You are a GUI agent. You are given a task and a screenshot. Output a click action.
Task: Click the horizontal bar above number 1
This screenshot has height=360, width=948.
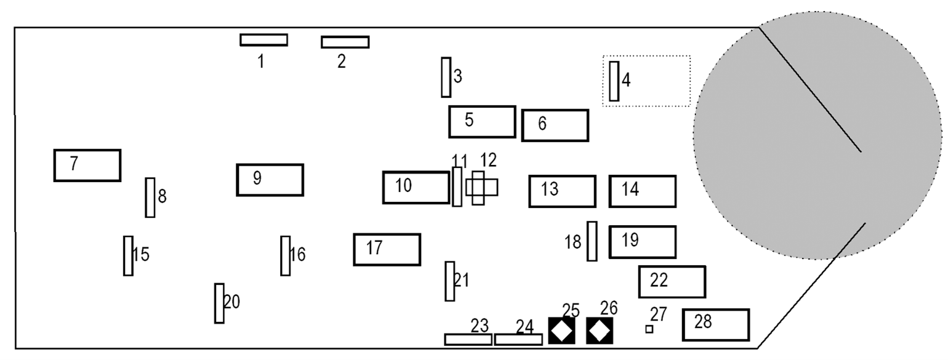(x=263, y=40)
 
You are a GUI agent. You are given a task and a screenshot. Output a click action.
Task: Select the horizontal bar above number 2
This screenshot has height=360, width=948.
(x=345, y=42)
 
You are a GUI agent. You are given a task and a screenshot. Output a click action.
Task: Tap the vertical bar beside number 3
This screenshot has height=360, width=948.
(x=446, y=78)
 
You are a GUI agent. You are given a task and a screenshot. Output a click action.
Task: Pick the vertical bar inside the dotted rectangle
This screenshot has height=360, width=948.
(x=614, y=81)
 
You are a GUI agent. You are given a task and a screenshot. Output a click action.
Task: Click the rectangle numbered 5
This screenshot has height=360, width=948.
(x=482, y=122)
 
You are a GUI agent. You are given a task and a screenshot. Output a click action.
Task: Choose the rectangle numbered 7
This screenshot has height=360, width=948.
(x=87, y=166)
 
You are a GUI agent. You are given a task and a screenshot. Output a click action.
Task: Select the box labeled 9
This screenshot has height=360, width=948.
(x=270, y=180)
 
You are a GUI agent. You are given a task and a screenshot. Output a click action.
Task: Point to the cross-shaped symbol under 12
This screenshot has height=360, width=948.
(x=481, y=188)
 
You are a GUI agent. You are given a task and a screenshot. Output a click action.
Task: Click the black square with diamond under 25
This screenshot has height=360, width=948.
(x=561, y=330)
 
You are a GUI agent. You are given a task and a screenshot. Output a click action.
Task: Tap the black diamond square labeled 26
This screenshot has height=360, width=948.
(x=600, y=330)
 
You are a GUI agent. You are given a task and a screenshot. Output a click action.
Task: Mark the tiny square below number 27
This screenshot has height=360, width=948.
(x=649, y=329)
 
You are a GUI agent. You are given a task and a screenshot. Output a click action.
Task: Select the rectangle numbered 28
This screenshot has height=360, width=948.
(x=716, y=325)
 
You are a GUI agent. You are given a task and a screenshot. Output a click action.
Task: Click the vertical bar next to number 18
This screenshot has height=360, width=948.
(x=592, y=241)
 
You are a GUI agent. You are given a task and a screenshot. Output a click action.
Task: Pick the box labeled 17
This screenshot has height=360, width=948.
(x=387, y=250)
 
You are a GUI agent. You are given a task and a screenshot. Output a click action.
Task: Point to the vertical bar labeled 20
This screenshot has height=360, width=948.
(x=219, y=303)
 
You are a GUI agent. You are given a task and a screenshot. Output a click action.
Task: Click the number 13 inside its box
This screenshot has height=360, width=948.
(x=549, y=189)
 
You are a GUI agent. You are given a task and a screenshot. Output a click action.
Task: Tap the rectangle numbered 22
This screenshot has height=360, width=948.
(x=672, y=282)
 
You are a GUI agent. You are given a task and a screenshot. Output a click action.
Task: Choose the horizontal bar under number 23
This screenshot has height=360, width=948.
(x=468, y=339)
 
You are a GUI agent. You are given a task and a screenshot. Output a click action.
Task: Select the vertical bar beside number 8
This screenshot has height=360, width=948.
(x=150, y=198)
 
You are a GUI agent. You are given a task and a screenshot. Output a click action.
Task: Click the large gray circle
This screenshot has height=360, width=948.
(x=817, y=135)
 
